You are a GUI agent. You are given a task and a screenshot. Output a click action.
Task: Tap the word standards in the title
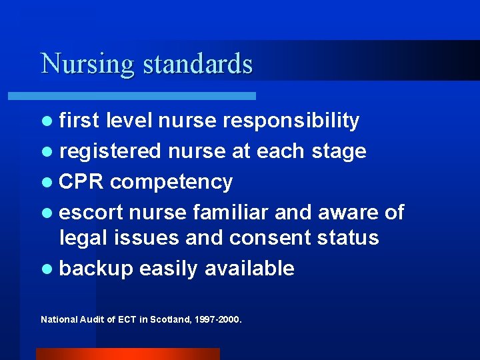(198, 64)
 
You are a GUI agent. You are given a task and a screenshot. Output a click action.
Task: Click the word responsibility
(291, 121)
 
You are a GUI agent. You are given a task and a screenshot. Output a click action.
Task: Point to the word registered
(110, 151)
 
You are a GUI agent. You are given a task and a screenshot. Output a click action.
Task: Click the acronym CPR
(82, 181)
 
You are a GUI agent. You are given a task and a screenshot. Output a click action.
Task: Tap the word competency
(171, 182)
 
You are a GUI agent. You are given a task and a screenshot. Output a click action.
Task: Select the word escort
(91, 212)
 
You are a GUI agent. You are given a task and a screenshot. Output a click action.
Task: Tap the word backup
(96, 269)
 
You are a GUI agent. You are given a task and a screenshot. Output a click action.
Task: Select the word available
(249, 268)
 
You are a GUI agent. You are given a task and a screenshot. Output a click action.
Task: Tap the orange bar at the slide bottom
(127, 353)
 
